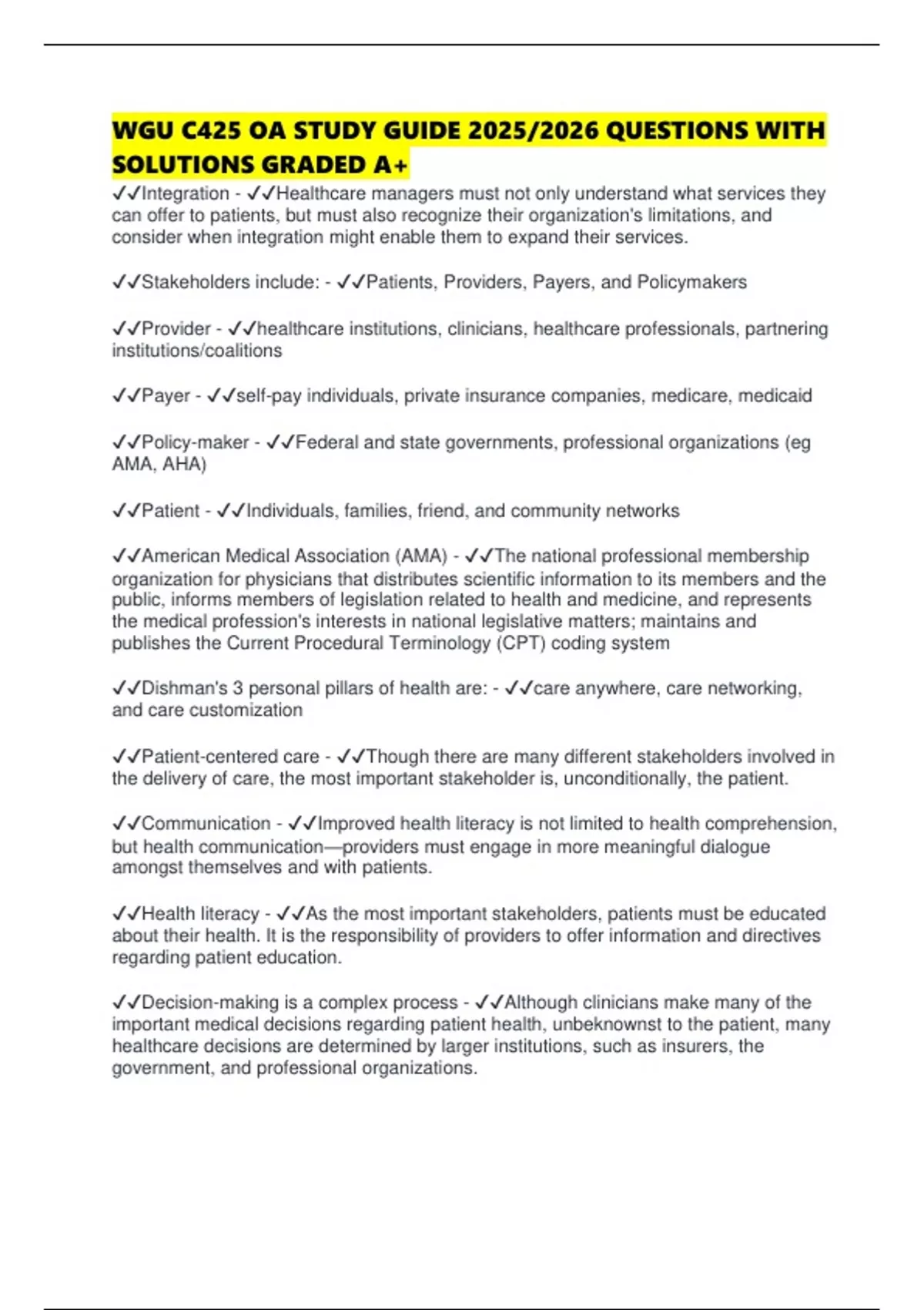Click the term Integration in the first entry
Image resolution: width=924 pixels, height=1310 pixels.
[186, 193]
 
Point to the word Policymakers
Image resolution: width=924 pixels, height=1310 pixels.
[691, 282]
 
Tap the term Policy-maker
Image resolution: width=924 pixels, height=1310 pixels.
[196, 442]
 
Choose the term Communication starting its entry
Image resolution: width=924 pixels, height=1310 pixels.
[206, 824]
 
